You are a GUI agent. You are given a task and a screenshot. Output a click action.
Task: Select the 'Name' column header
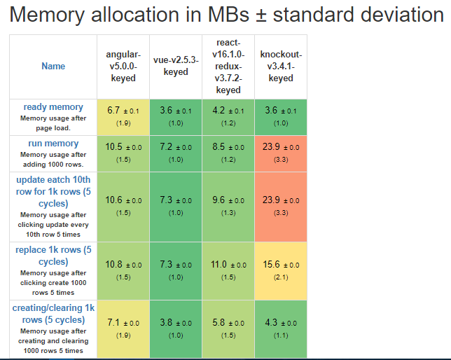[53, 66]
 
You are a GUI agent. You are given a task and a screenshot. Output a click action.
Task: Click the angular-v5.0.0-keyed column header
[123, 66]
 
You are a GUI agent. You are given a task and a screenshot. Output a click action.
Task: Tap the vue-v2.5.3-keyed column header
[176, 66]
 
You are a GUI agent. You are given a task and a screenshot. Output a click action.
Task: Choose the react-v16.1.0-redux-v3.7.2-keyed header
[228, 67]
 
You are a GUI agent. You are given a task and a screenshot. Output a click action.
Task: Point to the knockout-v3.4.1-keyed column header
[281, 66]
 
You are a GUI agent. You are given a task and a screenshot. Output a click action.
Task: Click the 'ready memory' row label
[53, 107]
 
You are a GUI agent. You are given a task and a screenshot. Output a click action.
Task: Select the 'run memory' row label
[53, 144]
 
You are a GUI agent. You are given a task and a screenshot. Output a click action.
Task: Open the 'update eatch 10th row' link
[53, 191]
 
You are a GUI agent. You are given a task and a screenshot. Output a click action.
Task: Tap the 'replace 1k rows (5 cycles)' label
[53, 255]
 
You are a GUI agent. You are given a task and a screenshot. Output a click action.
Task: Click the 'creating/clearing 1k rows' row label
[53, 314]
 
